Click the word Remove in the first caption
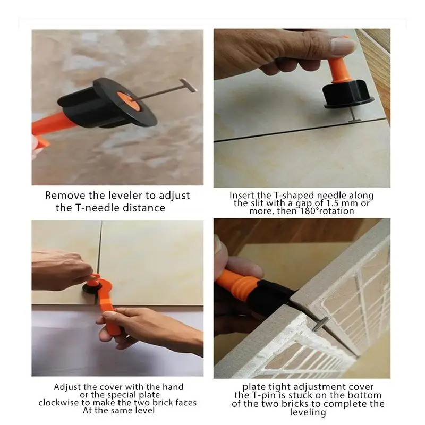(63, 196)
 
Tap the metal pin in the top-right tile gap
(355, 120)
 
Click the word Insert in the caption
(242, 195)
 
